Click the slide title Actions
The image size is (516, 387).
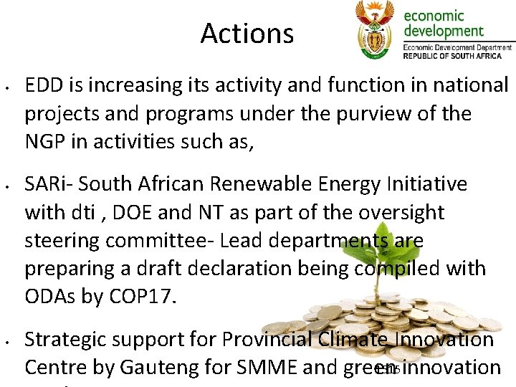pos(247,33)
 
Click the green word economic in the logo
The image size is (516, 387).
pos(434,16)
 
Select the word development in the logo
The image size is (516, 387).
pos(444,31)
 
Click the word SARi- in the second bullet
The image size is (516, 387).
pos(48,184)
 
